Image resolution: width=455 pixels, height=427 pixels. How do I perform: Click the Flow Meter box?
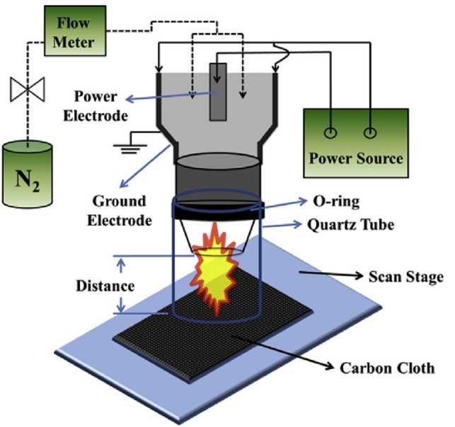click(75, 30)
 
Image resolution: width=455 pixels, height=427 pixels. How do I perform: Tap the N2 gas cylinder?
click(28, 175)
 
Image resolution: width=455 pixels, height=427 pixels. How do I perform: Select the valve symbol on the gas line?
click(28, 89)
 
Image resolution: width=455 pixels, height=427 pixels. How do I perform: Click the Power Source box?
click(356, 143)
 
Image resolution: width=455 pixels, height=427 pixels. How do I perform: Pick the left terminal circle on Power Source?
click(330, 133)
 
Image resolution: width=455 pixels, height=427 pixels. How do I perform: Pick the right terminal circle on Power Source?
click(370, 133)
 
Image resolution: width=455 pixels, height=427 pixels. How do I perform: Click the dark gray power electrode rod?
click(218, 92)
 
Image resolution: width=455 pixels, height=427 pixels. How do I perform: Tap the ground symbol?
click(130, 147)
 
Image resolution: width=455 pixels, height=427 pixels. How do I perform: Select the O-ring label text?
click(336, 201)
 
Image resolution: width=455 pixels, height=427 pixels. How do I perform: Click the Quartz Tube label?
click(350, 225)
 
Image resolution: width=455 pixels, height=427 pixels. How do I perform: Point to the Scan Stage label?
click(405, 276)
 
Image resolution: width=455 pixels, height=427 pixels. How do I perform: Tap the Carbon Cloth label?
click(387, 368)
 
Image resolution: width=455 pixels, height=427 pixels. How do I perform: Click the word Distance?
click(105, 286)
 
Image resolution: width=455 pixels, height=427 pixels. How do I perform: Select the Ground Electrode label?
click(120, 211)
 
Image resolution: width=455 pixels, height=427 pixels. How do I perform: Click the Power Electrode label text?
click(96, 106)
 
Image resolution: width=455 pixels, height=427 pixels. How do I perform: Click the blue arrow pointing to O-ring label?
click(279, 204)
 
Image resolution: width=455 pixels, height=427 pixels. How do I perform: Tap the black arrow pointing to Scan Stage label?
click(331, 274)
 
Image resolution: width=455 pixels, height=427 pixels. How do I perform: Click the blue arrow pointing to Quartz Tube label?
click(281, 226)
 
